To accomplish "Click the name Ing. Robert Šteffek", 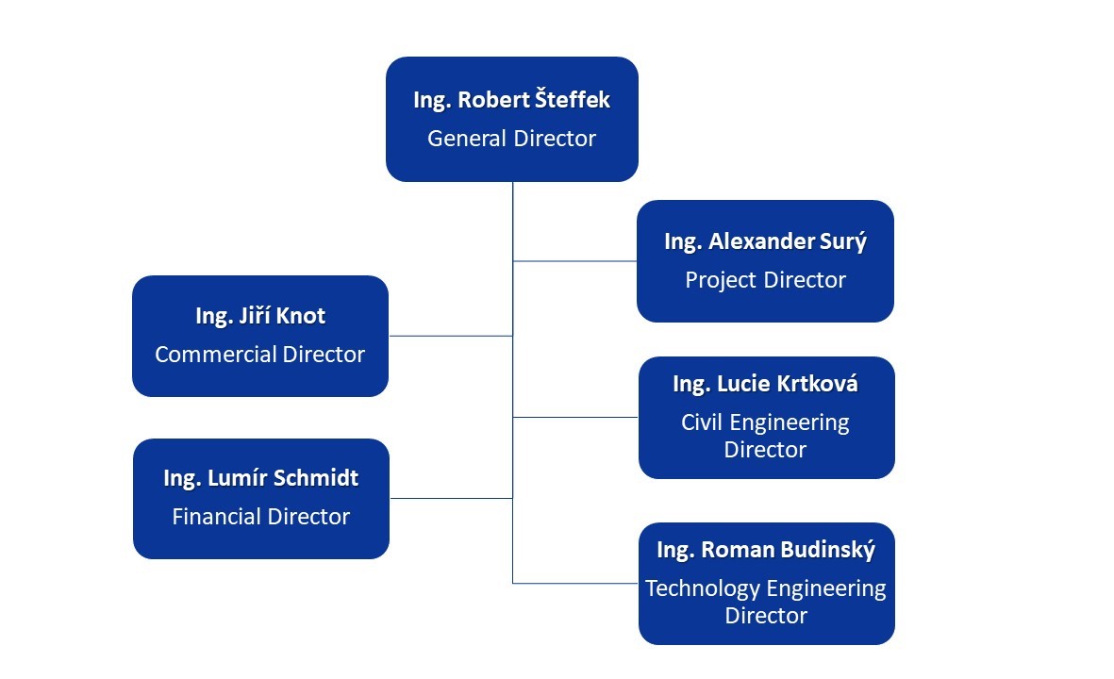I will [511, 100].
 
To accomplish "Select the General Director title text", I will [511, 139].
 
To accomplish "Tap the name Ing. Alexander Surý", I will [765, 241].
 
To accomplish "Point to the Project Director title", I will [765, 280].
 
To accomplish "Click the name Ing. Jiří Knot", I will [260, 316].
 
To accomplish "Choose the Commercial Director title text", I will [260, 355].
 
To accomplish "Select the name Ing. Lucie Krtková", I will [765, 384].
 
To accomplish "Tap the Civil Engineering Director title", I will [765, 436].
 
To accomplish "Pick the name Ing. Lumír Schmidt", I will [261, 478].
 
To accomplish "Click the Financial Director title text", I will [261, 517].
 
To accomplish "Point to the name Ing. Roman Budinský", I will [766, 550].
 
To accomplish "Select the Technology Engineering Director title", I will [766, 602].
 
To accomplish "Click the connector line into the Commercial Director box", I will [451, 336].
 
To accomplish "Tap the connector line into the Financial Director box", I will [451, 498].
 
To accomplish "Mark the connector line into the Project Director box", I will [574, 261].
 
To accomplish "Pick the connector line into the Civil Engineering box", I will [575, 417].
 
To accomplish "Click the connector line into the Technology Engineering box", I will [575, 583].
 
